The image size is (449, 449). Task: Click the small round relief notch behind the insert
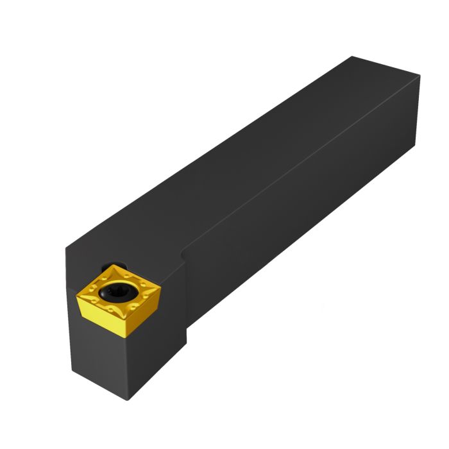tap(119, 264)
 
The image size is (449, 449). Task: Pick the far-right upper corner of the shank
tap(421, 76)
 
